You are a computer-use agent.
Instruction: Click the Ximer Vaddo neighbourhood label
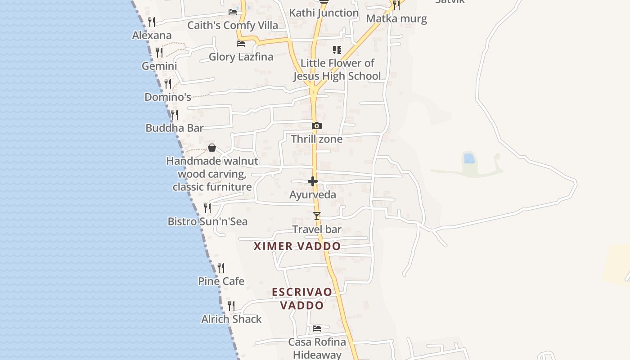pos(297,246)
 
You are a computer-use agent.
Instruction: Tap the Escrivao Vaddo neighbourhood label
pos(302,298)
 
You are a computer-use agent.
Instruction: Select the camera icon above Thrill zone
pos(317,126)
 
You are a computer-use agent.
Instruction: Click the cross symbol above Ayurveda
pos(313,181)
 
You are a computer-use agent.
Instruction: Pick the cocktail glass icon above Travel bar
pos(317,216)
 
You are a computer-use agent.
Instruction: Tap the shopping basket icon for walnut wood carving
pos(212,148)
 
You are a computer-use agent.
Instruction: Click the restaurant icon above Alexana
pos(152,22)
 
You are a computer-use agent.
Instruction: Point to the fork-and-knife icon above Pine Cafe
pos(221,268)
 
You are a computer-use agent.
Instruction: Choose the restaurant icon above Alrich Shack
pos(231,306)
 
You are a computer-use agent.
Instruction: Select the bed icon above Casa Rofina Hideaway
pos(317,328)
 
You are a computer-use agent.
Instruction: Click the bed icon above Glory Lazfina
pos(241,44)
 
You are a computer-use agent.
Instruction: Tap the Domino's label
pos(168,97)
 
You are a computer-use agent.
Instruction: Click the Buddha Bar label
pos(175,128)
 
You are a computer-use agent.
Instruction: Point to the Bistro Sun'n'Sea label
pos(207,221)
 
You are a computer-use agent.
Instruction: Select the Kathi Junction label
pos(324,13)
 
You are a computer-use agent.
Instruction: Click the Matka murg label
pos(396,18)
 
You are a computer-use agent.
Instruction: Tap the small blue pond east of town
pos(469,158)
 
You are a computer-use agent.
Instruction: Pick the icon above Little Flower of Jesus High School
pos(337,49)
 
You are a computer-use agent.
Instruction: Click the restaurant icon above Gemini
pos(159,52)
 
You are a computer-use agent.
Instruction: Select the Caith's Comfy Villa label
pos(233,25)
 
